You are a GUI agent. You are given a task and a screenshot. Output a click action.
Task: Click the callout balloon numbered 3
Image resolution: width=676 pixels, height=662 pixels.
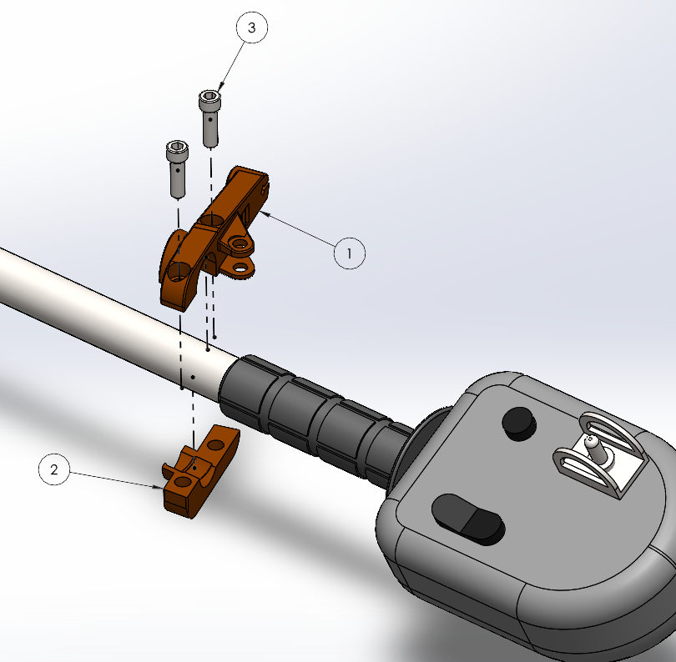(252, 28)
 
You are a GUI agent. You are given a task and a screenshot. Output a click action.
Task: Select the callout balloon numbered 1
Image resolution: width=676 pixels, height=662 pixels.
(350, 253)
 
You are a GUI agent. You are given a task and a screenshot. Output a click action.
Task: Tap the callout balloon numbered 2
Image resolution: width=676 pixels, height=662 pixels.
(54, 469)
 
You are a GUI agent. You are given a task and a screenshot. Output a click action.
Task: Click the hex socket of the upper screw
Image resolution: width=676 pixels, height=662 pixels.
(210, 96)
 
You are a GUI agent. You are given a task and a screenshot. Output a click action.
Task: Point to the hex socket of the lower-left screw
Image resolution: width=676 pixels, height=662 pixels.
(177, 146)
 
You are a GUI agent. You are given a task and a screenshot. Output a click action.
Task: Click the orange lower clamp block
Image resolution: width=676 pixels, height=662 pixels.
(199, 473)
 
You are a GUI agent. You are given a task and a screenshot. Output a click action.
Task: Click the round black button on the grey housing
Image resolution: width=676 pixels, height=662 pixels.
(519, 423)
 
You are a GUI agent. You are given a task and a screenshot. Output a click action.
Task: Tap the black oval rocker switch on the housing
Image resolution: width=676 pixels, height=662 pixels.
(467, 518)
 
